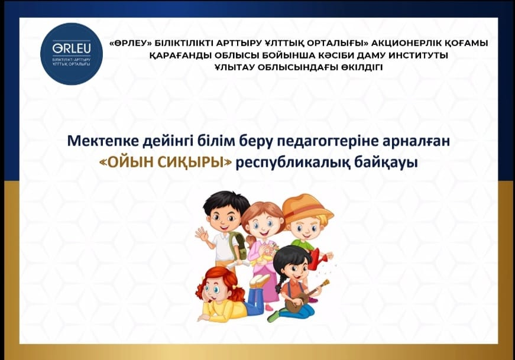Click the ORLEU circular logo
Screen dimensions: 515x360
click(x=72, y=54)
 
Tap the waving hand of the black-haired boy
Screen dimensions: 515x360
click(x=202, y=233)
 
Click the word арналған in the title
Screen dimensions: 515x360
click(x=416, y=142)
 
